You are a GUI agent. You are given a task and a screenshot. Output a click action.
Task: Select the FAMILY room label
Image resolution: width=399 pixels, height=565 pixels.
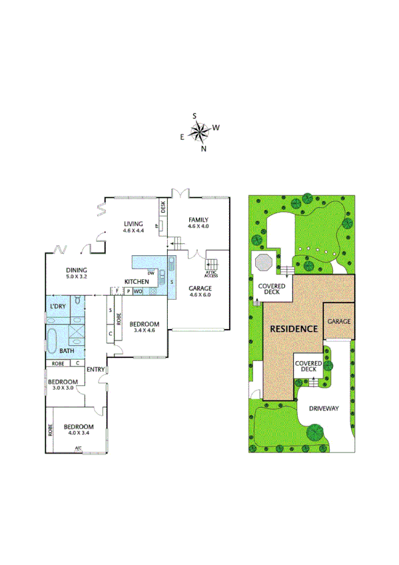(198, 220)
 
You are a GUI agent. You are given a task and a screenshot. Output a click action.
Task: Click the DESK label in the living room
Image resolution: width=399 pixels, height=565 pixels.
(163, 207)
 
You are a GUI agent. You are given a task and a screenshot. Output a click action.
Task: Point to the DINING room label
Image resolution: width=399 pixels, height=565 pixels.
(77, 270)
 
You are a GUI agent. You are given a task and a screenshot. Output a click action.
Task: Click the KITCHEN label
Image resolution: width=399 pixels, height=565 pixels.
(135, 281)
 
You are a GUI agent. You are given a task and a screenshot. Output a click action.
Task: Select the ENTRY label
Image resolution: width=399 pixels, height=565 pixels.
(96, 370)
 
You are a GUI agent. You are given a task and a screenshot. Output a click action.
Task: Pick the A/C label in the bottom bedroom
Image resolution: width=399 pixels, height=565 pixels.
(78, 448)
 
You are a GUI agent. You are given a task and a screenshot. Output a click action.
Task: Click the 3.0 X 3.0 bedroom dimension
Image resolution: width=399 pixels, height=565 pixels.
(63, 388)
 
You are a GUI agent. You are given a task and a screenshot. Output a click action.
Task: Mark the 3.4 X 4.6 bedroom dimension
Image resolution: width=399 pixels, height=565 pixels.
(144, 330)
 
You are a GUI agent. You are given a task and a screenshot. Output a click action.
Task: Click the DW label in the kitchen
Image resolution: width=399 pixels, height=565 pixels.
(151, 273)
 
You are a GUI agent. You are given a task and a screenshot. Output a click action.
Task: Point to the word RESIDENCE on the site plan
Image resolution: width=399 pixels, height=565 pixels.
(292, 329)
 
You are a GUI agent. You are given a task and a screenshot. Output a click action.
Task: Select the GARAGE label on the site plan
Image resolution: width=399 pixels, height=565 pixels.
(338, 321)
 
